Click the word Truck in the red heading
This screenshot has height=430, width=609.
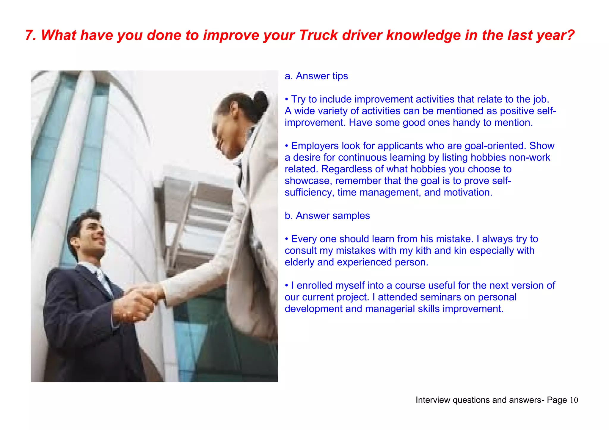[318, 35]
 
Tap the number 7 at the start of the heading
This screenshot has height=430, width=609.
[29, 35]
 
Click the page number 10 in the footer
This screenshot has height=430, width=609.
[574, 400]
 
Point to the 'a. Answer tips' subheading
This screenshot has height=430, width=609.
[316, 76]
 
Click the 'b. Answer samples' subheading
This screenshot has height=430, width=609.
[327, 215]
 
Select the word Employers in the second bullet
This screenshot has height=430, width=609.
[315, 146]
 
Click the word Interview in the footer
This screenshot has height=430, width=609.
[432, 400]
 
